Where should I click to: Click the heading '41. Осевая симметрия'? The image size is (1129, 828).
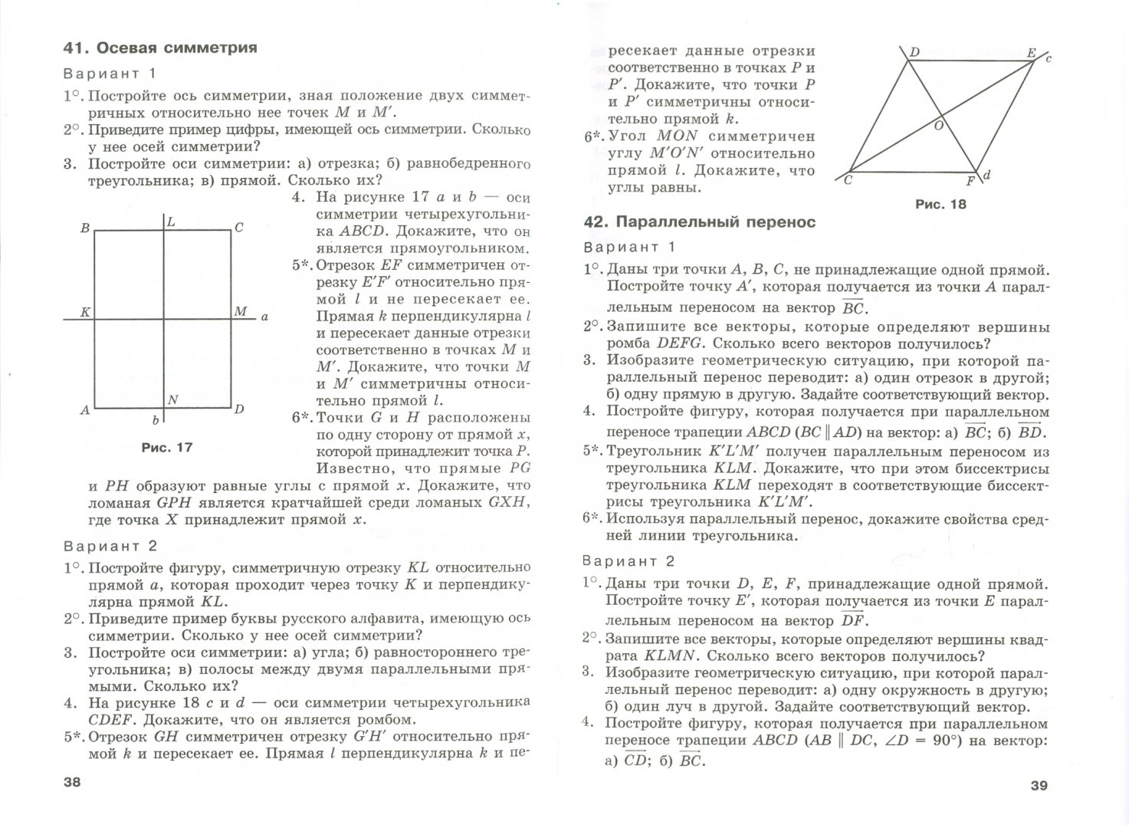pos(160,48)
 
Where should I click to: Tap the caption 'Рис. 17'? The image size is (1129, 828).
pos(167,448)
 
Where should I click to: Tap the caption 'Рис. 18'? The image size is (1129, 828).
pos(940,205)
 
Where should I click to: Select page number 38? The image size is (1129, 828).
pos(71,783)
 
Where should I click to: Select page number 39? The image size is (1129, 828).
pos(1038,784)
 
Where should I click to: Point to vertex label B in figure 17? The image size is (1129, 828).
pos(85,228)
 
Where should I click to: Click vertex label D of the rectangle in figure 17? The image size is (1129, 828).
pos(239,409)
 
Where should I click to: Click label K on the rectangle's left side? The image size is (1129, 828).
pos(85,312)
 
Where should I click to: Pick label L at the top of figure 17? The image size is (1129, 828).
pos(171,222)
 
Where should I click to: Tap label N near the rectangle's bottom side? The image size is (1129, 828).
pos(172,399)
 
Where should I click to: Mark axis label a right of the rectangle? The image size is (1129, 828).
pos(264,316)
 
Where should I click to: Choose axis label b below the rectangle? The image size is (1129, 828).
pos(155,420)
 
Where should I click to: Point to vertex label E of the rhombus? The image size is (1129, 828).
pos(1031,54)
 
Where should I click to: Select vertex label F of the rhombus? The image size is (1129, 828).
pos(970,182)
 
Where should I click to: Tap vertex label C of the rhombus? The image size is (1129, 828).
pos(848,180)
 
